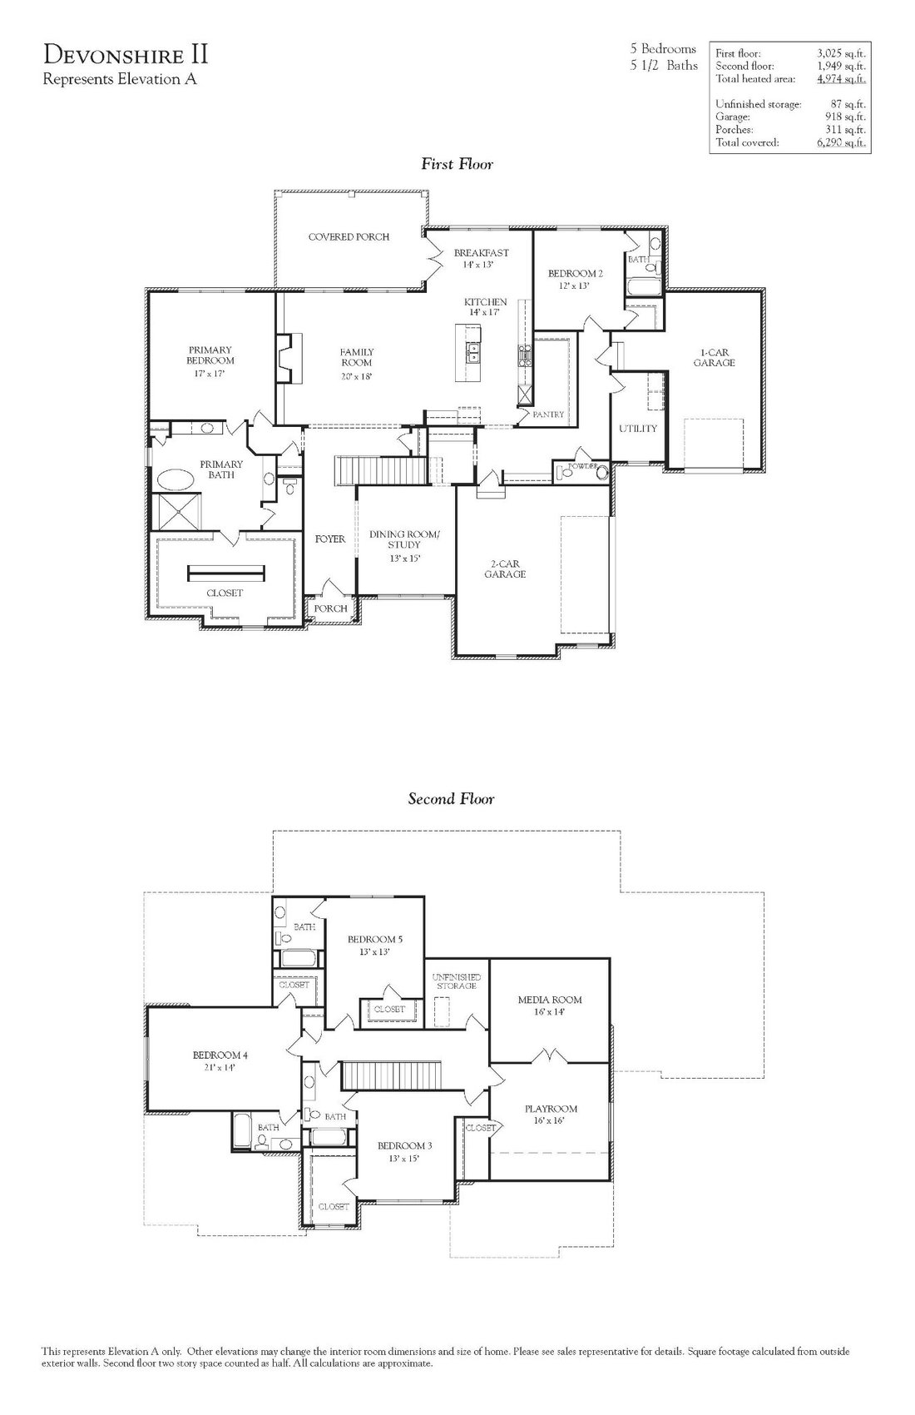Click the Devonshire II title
click(x=125, y=55)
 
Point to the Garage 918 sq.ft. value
click(x=845, y=117)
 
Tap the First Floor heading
click(x=457, y=164)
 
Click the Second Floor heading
click(x=451, y=798)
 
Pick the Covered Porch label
click(x=349, y=237)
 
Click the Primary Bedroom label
click(x=210, y=355)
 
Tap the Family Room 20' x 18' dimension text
click(x=356, y=376)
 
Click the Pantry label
click(x=548, y=415)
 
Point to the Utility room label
click(x=638, y=429)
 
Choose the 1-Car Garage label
click(x=715, y=358)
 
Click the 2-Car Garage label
click(x=505, y=568)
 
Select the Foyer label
click(x=330, y=539)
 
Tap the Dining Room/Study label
click(x=404, y=539)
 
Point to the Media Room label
click(x=550, y=1000)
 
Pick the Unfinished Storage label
click(x=457, y=981)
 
